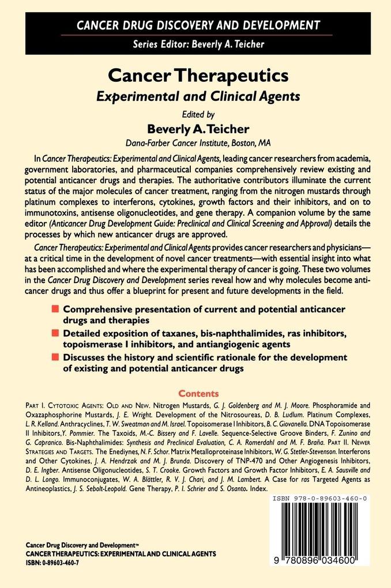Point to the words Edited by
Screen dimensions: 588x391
tap(195, 115)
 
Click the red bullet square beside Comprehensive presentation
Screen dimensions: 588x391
tap(55, 309)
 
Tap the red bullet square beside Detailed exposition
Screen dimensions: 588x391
tap(55, 333)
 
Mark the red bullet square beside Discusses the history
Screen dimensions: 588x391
tap(55, 357)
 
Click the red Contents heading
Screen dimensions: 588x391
tap(198, 394)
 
